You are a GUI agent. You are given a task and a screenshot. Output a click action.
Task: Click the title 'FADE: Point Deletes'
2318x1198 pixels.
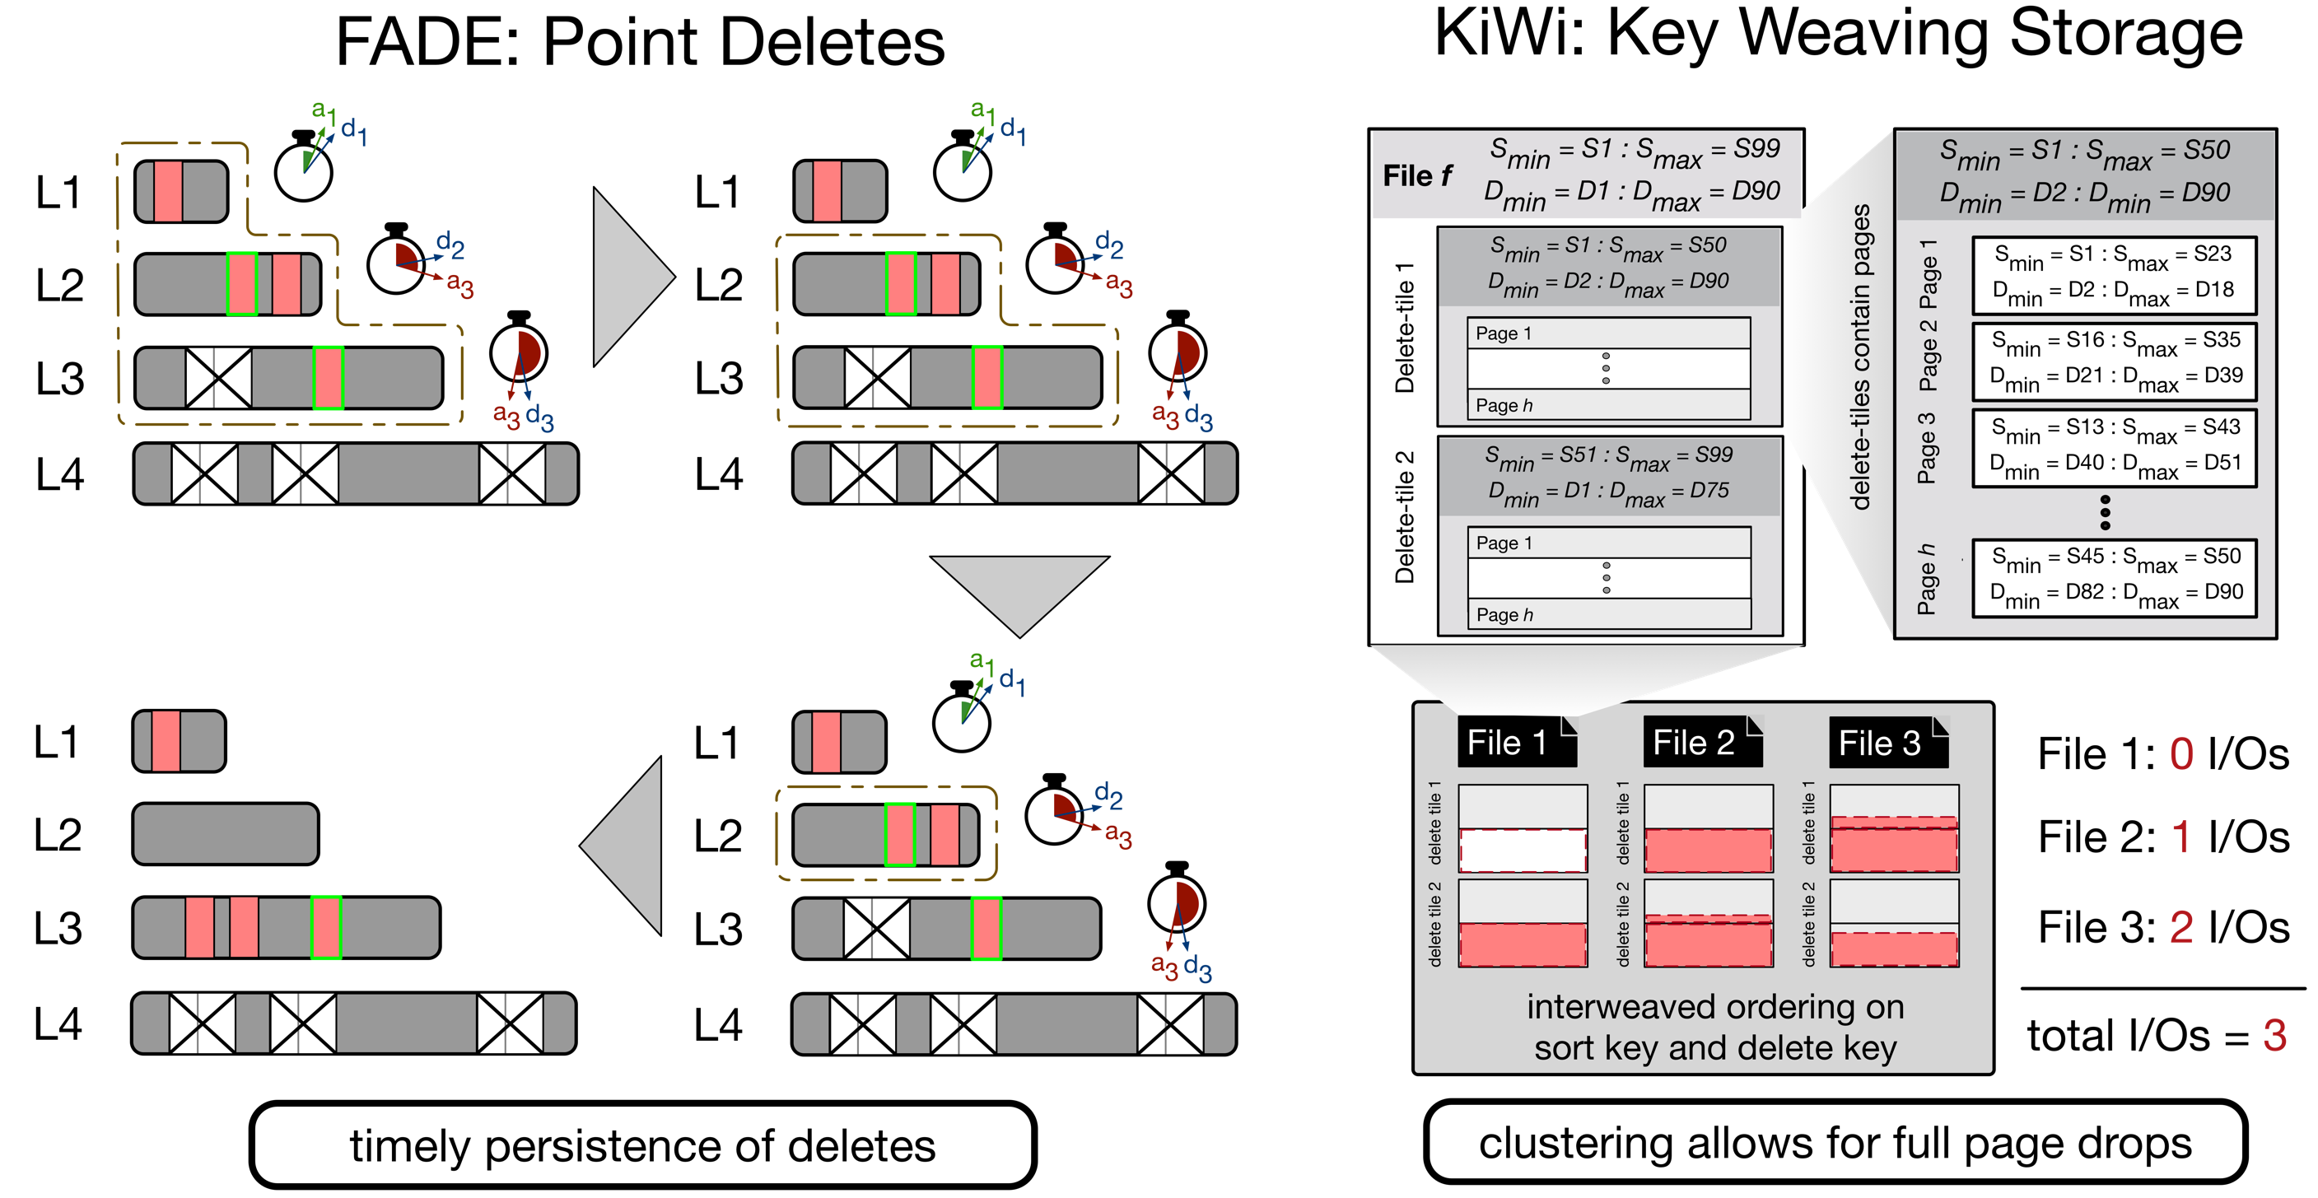pos(640,42)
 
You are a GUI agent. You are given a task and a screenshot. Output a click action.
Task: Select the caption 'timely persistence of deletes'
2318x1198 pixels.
pos(642,1146)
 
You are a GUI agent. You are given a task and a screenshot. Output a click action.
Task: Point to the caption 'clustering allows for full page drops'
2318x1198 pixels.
pos(1835,1143)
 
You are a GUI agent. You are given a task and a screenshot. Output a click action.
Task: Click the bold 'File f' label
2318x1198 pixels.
pos(1417,175)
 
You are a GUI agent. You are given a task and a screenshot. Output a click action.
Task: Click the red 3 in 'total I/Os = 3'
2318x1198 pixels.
pos(2275,1035)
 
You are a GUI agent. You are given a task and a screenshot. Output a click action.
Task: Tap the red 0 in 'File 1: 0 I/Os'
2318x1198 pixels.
pos(2181,754)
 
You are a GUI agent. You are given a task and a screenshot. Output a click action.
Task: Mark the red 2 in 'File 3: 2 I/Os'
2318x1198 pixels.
pos(2181,927)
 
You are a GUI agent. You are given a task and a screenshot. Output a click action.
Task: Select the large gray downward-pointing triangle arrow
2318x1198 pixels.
pos(1019,590)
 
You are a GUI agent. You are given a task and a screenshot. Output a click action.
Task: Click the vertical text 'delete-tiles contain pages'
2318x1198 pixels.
pos(1860,357)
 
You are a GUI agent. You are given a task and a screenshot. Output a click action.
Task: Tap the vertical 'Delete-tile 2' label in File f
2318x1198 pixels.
pos(1405,518)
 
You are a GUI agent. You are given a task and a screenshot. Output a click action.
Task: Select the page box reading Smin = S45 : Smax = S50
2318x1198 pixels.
pos(2114,577)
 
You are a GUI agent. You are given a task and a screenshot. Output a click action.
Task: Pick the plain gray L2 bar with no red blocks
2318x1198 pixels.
pos(226,834)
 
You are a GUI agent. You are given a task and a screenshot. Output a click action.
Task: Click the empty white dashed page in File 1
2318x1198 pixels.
pos(1523,850)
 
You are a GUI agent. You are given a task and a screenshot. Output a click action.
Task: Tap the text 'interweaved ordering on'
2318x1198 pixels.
pos(1715,1007)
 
